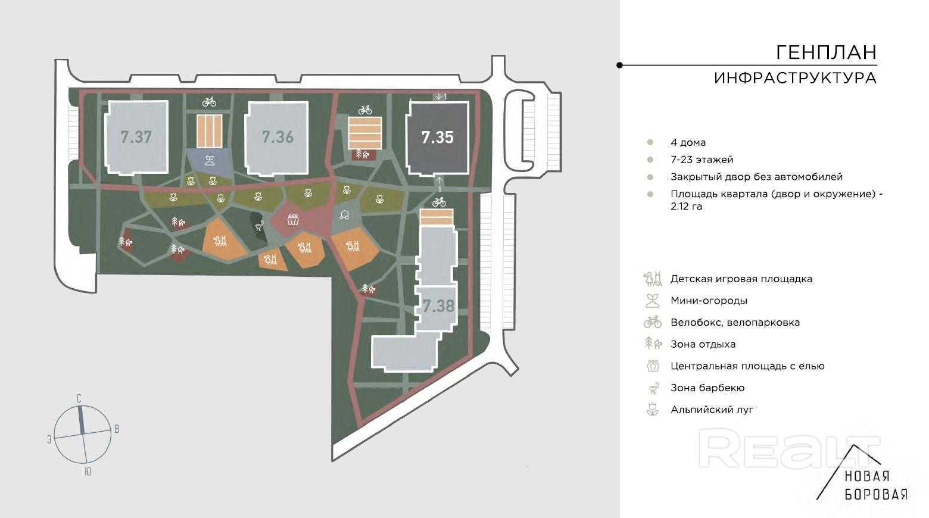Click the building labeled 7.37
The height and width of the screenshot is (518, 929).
pyautogui.click(x=136, y=138)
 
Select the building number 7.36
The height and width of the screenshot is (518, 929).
pyautogui.click(x=278, y=137)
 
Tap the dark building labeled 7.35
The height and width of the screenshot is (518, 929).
pyautogui.click(x=438, y=138)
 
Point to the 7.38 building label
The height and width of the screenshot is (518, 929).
pyautogui.click(x=438, y=306)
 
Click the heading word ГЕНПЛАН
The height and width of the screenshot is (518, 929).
pyautogui.click(x=826, y=53)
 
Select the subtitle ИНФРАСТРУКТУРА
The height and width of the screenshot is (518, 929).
pyautogui.click(x=795, y=78)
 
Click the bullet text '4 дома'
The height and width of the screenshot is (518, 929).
pyautogui.click(x=688, y=142)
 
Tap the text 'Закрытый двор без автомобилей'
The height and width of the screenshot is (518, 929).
pyautogui.click(x=756, y=177)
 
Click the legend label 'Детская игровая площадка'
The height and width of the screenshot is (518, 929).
pyautogui.click(x=741, y=279)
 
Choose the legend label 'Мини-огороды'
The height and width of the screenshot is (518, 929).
pyautogui.click(x=709, y=301)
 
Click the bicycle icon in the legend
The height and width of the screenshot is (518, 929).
pyautogui.click(x=653, y=322)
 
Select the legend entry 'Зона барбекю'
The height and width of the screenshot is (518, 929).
pyautogui.click(x=707, y=388)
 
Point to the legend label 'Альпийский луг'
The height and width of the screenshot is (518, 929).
pyautogui.click(x=712, y=410)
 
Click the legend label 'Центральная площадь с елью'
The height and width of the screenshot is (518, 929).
pyautogui.click(x=747, y=366)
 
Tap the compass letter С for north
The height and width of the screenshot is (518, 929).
pyautogui.click(x=79, y=398)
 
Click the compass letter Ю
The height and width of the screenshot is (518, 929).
pyautogui.click(x=88, y=472)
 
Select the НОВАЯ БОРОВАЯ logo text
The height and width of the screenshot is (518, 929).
pyautogui.click(x=876, y=485)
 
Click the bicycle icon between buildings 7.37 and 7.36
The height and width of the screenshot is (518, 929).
pyautogui.click(x=209, y=102)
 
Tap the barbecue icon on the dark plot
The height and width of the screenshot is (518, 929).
pyautogui.click(x=258, y=225)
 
